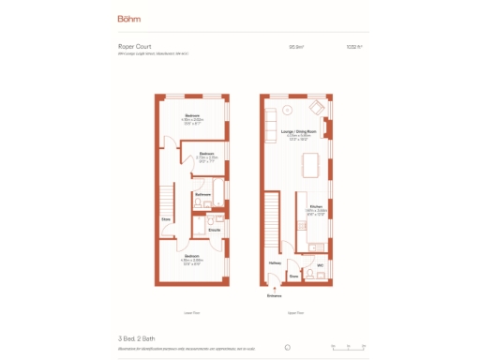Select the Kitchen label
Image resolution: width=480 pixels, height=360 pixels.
coord(316,206)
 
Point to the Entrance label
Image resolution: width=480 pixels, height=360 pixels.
coord(274,294)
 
